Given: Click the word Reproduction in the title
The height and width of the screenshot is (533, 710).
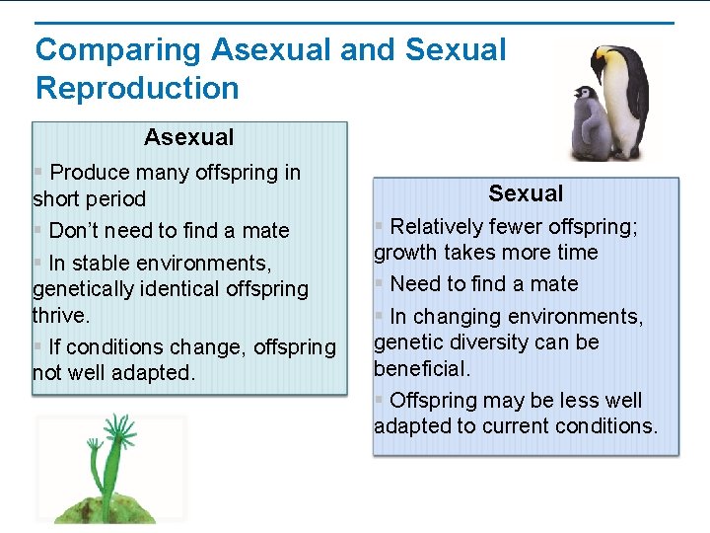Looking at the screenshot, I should pyautogui.click(x=137, y=88).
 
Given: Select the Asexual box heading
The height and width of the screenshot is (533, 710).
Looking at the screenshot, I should pyautogui.click(x=189, y=137).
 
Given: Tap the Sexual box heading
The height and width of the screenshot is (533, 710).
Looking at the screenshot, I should pyautogui.click(x=526, y=193).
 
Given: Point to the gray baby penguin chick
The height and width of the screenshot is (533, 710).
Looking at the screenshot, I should pyautogui.click(x=590, y=123).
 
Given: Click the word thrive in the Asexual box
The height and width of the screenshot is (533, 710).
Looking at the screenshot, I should pyautogui.click(x=59, y=315).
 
